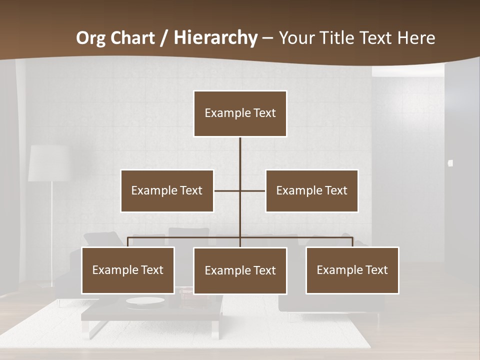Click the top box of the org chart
[x=240, y=113]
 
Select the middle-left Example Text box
[x=167, y=190]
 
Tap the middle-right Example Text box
[x=311, y=190]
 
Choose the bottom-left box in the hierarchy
[x=128, y=270]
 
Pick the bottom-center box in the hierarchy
[x=240, y=270]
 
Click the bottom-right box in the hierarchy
[x=352, y=270]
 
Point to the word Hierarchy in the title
[x=215, y=38]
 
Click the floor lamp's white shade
[x=48, y=163]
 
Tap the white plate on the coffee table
[x=145, y=301]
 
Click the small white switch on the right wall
[x=450, y=163]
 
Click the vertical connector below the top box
[x=240, y=155]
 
